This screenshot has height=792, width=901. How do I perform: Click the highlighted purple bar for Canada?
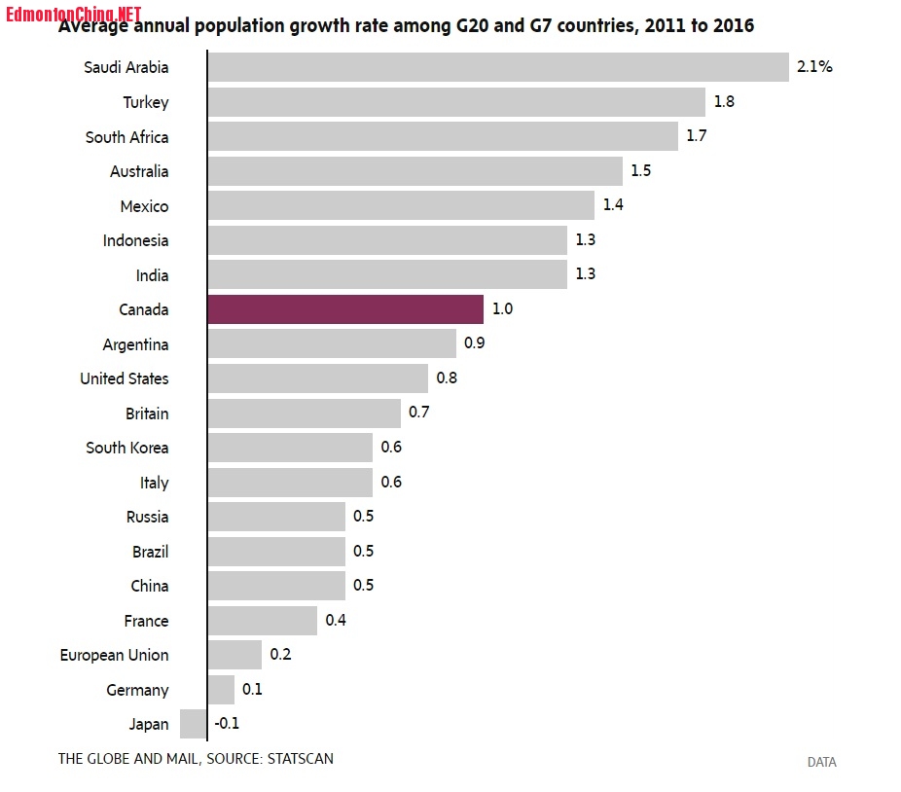tap(345, 309)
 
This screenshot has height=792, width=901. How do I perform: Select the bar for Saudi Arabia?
tap(497, 67)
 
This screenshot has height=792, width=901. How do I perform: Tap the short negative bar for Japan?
tap(194, 724)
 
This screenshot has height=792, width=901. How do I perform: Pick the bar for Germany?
tap(221, 690)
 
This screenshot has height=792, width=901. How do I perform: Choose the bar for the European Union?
tap(234, 655)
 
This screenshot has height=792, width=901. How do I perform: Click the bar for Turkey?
tap(456, 102)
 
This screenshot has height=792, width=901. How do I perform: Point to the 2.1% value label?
tap(814, 67)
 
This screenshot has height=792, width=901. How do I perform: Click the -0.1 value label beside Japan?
tap(227, 724)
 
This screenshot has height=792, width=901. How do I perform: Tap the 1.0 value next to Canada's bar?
tap(502, 309)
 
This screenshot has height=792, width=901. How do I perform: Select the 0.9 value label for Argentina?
tap(475, 343)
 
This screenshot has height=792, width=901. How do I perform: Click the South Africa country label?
tap(126, 137)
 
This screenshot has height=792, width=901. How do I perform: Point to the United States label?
tap(124, 378)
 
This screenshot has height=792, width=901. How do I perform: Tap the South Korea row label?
tap(126, 448)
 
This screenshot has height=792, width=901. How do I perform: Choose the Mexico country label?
tap(144, 206)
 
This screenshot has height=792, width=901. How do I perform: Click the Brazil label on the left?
tap(150, 552)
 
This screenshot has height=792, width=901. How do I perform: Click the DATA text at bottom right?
tap(821, 762)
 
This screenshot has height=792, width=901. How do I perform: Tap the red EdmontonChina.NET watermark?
tap(74, 14)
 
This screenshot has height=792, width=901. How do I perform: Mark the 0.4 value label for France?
tap(336, 620)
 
